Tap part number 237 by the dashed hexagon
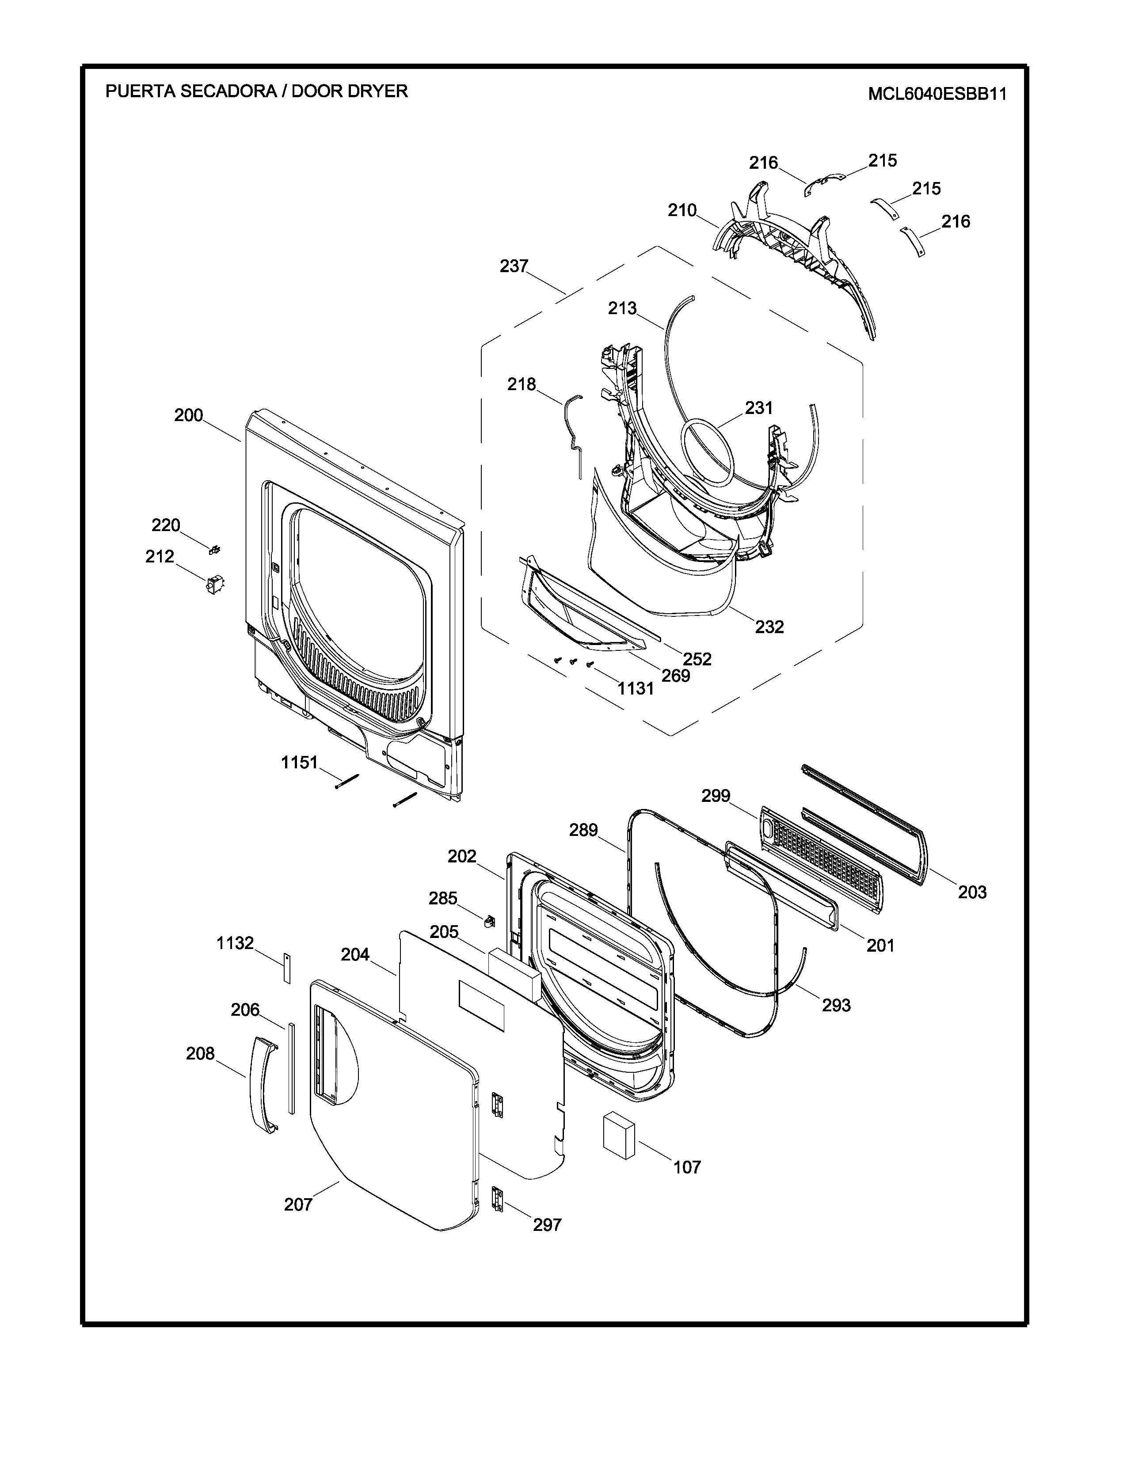click(514, 266)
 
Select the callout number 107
click(687, 1168)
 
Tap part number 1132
click(235, 943)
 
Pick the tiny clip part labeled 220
click(215, 550)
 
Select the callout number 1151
click(299, 763)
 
